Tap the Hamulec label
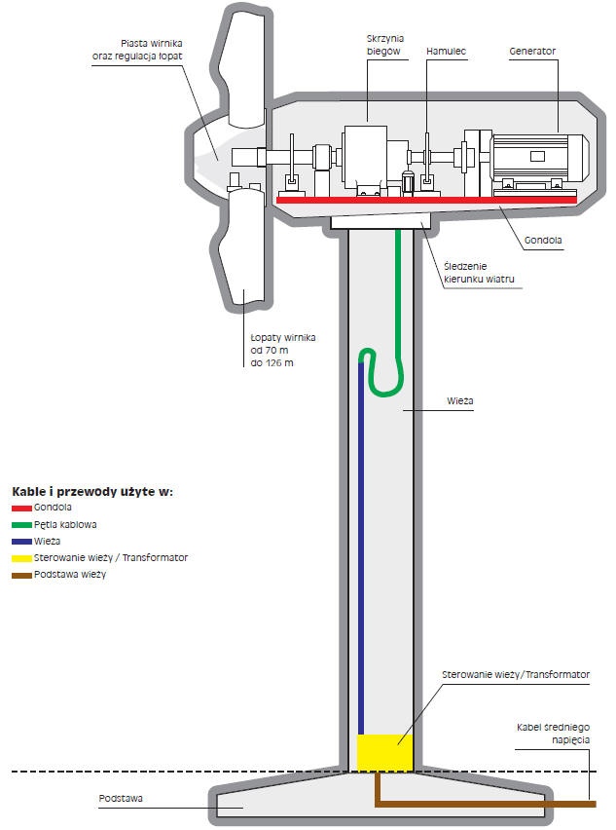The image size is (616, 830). [x=444, y=50]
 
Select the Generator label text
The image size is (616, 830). [x=532, y=50]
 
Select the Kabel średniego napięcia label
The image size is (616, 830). [x=554, y=733]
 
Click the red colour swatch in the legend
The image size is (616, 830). [x=21, y=508]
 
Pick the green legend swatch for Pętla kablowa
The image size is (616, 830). [x=21, y=524]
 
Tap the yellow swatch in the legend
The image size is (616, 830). [x=21, y=558]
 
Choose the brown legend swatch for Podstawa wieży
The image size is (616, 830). [x=21, y=575]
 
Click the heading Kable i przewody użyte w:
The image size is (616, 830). [x=92, y=491]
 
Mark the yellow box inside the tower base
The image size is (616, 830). [x=384, y=752]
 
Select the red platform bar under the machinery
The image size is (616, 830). [x=428, y=198]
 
